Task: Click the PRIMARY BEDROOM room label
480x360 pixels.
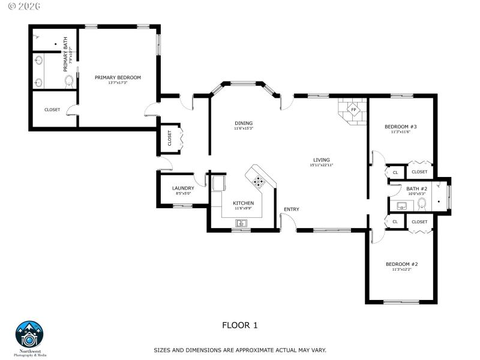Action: (118, 77)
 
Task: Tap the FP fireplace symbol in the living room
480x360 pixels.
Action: (353, 110)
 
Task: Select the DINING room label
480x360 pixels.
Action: (244, 124)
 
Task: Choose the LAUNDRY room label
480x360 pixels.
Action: (183, 188)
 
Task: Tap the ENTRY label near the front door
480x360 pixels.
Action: (292, 209)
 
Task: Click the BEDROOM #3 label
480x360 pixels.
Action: (400, 127)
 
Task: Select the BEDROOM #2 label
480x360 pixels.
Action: (401, 264)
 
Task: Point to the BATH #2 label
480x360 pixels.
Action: (416, 188)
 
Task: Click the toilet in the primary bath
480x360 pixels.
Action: (68, 80)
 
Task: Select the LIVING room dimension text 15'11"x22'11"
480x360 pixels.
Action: (322, 165)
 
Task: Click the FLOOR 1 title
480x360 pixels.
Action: (240, 325)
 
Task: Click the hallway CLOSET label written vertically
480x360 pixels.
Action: (169, 138)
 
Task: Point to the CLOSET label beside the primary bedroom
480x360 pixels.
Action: (52, 109)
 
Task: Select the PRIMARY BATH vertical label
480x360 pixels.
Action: (67, 59)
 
